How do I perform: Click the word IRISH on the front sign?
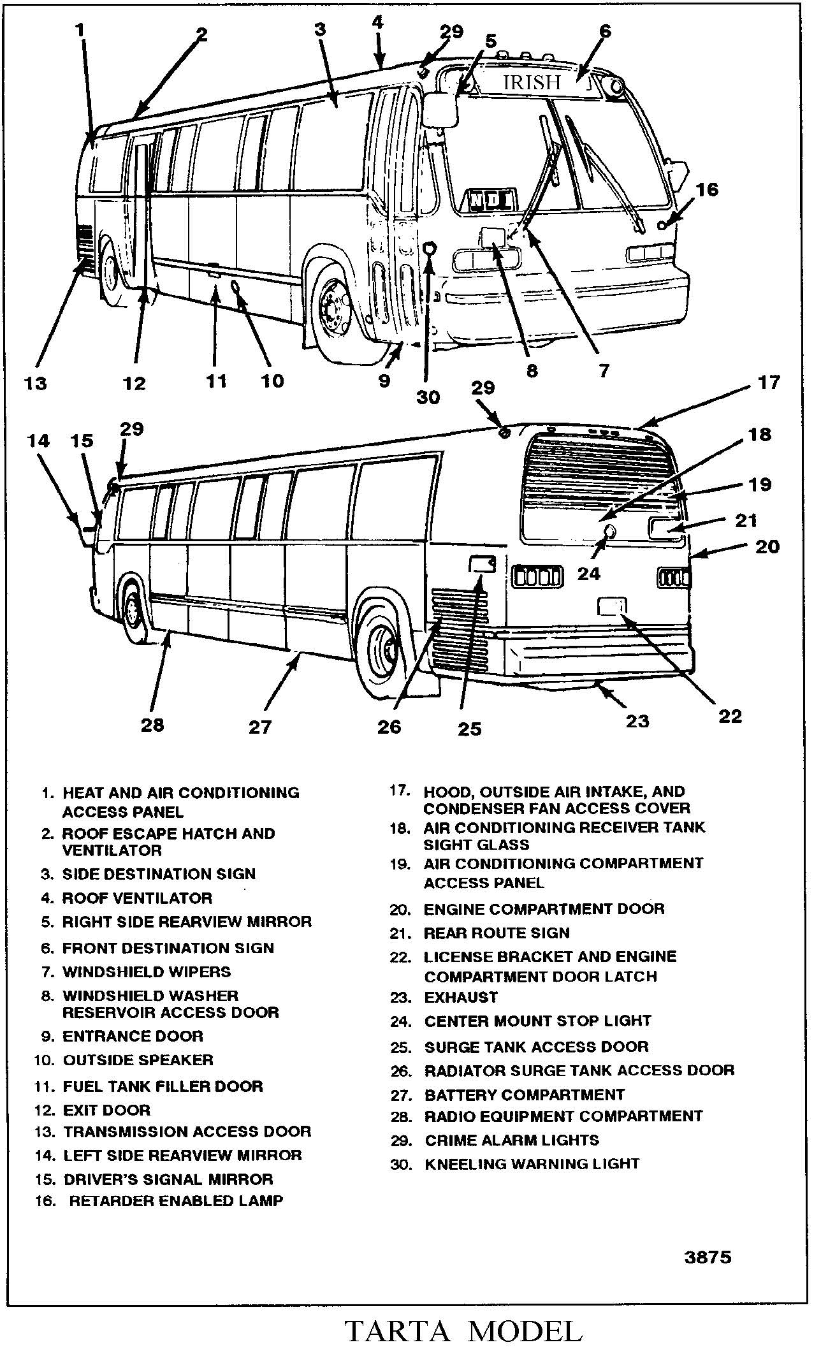point(532,83)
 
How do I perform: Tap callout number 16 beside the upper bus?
point(706,190)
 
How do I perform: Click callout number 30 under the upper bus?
point(428,397)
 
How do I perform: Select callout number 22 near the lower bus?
point(730,716)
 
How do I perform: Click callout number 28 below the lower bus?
point(153,724)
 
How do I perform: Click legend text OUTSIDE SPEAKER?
point(138,1059)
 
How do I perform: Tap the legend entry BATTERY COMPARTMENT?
point(524,1095)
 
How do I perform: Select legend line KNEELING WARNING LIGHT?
point(532,1163)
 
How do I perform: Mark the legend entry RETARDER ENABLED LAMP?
point(176,1200)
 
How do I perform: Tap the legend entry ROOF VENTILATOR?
point(136,898)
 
